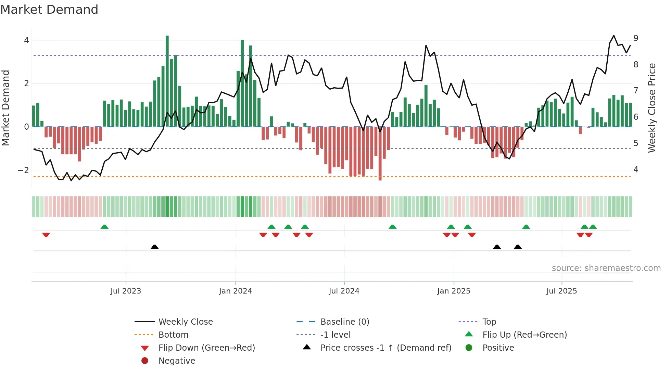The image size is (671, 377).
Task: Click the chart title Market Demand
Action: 49,10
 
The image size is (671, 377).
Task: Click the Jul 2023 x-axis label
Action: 126,291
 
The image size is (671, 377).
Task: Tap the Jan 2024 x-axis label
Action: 236,291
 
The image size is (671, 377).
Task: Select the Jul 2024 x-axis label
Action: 344,291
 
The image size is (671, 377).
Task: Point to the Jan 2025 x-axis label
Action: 454,291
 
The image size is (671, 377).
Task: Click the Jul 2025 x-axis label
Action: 561,291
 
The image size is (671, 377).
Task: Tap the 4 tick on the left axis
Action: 26,40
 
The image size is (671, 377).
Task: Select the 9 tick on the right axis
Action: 636,38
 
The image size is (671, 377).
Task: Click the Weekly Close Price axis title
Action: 652,108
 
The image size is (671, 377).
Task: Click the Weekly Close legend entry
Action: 185,322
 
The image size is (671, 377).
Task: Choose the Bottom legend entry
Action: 173,335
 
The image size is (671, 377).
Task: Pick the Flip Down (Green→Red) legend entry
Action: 206,348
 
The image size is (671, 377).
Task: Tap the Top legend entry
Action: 489,322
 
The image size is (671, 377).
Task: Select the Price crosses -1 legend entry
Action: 385,348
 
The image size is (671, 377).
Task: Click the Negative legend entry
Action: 177,361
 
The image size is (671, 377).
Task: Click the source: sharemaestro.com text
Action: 606,268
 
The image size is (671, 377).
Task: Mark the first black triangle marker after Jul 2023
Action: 155,247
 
